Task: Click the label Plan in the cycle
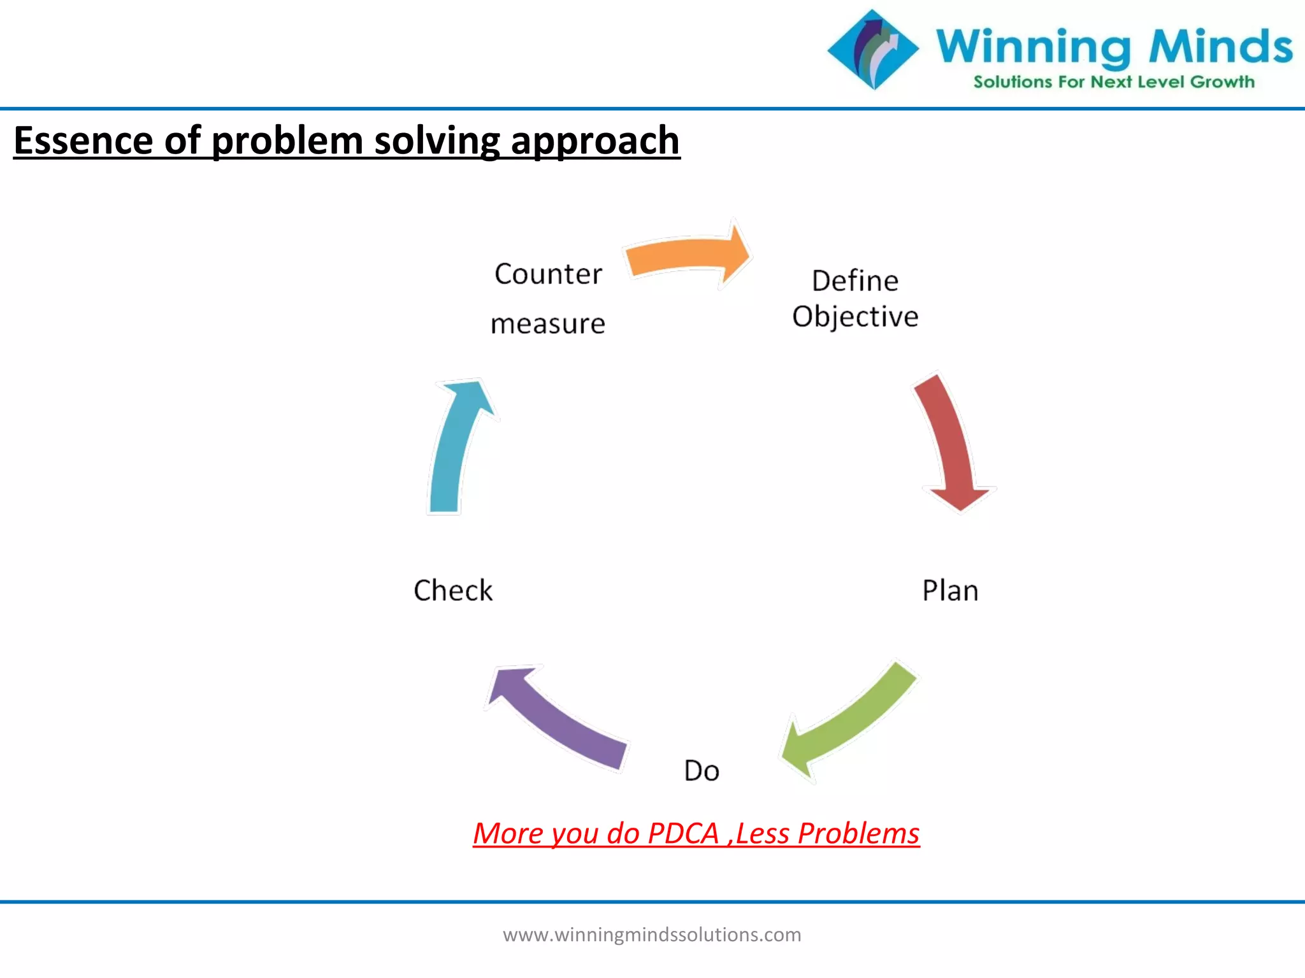(949, 591)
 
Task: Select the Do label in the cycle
(701, 771)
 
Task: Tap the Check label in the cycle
(453, 591)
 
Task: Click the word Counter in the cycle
(548, 274)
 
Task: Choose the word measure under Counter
(547, 324)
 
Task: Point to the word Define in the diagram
(854, 281)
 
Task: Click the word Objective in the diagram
(854, 316)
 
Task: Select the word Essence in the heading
(83, 140)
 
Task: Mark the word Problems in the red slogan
(858, 833)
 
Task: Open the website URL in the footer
(652, 935)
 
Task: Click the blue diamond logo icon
(873, 49)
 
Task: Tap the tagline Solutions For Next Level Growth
(1113, 82)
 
